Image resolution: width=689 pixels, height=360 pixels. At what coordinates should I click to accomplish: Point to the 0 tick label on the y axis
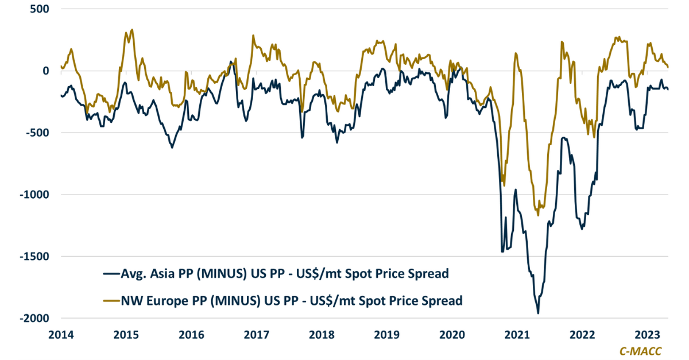click(x=45, y=71)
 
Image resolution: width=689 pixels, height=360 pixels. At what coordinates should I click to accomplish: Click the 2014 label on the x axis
click(x=61, y=335)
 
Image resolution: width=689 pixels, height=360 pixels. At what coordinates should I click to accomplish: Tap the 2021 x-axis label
click(x=519, y=335)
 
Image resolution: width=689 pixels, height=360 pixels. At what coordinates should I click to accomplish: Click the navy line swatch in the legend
click(x=110, y=274)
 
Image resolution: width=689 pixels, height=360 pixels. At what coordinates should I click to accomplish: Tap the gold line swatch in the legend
click(x=110, y=300)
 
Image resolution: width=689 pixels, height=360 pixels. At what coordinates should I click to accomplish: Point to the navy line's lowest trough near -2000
click(x=538, y=313)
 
